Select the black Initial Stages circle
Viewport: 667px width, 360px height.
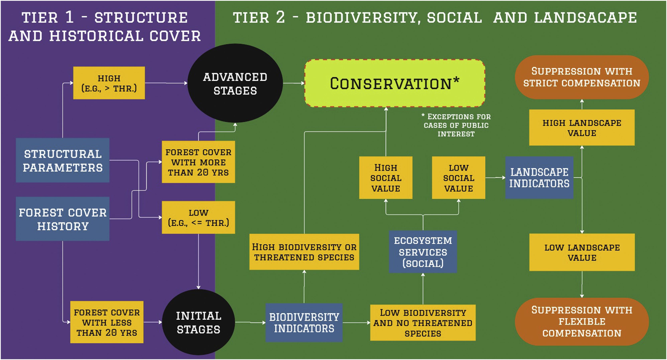[x=198, y=322]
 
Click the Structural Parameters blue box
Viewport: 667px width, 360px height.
[x=62, y=160]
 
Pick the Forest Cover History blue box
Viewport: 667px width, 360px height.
[x=62, y=219]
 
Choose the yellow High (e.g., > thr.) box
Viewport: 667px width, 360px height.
[x=109, y=83]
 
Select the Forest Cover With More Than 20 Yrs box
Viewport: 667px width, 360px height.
[x=198, y=162]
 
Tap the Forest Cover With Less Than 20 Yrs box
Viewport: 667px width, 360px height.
[x=107, y=322]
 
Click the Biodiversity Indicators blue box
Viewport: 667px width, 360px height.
[x=304, y=322]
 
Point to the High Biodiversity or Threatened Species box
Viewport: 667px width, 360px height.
[x=304, y=252]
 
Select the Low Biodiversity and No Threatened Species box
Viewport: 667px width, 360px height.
[x=423, y=322]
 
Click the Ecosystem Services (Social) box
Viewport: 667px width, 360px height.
[x=423, y=252]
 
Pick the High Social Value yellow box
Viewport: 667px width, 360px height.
[x=386, y=178]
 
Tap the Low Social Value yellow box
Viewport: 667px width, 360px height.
[x=458, y=178]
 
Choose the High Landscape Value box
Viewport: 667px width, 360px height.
[x=582, y=127]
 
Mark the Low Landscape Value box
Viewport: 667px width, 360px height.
[x=582, y=252]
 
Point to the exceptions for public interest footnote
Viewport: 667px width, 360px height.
[x=456, y=125]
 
